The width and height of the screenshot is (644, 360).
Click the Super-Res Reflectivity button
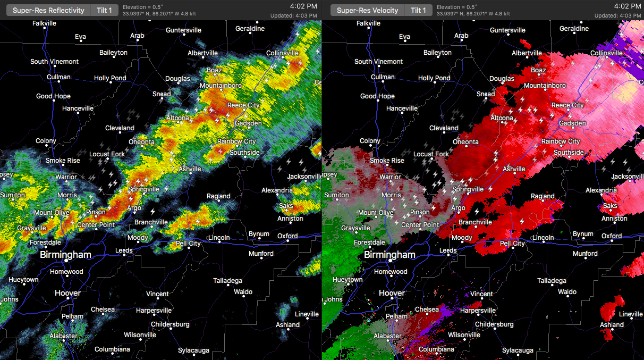tap(48, 10)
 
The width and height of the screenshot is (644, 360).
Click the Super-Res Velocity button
tap(367, 10)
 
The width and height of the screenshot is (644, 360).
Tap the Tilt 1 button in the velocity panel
tap(418, 10)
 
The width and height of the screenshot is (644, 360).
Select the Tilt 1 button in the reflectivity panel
tap(104, 10)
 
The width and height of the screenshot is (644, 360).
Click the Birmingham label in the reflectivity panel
tap(65, 255)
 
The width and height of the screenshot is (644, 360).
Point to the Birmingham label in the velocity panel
tap(389, 255)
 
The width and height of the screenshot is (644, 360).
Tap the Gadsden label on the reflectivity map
tap(248, 123)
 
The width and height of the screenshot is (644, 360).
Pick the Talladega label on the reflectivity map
tap(227, 281)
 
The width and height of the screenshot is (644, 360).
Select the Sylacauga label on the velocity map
tap(518, 350)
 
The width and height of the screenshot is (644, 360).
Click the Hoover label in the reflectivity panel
tap(68, 293)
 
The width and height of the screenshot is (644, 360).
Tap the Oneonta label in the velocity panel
tap(465, 142)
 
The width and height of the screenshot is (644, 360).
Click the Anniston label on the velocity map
tap(615, 219)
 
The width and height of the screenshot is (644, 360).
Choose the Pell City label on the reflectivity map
tap(188, 244)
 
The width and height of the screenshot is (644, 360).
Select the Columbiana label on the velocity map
tap(436, 349)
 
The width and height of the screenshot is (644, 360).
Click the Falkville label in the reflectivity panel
tap(44, 23)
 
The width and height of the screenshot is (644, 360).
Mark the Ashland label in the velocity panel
tap(612, 325)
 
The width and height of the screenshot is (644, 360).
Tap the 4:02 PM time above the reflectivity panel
tap(304, 6)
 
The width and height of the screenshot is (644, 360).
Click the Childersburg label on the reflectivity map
tap(170, 324)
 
